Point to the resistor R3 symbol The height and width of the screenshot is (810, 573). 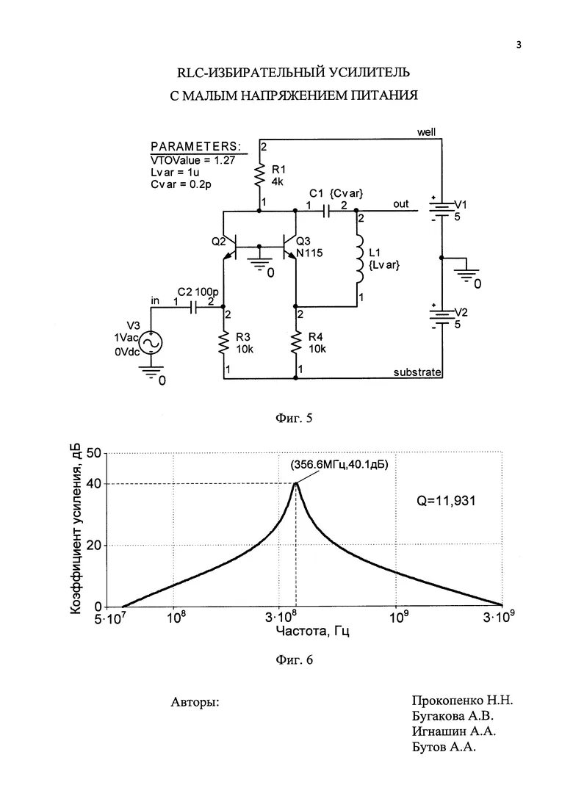click(224, 342)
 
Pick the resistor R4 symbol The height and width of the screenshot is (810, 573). click(295, 342)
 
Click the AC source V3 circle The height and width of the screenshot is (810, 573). click(151, 343)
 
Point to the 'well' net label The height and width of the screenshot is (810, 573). click(426, 132)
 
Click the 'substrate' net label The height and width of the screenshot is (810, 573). click(417, 372)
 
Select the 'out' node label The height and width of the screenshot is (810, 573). click(400, 204)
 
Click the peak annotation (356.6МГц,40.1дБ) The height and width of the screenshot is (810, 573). click(339, 465)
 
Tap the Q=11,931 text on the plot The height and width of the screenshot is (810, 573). click(446, 501)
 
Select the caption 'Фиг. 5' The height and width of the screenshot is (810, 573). click(294, 419)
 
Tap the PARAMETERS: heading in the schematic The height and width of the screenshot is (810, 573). click(195, 146)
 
